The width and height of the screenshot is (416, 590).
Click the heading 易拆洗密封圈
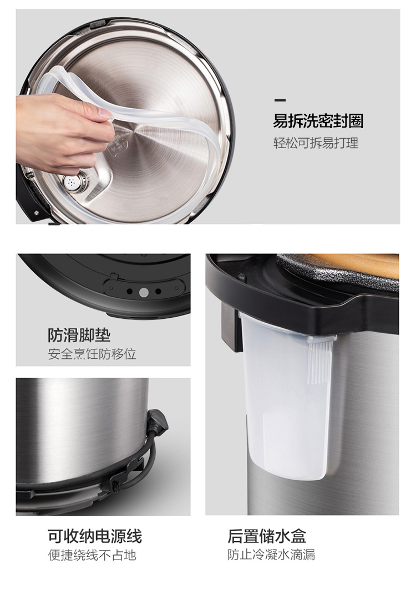pos(318,121)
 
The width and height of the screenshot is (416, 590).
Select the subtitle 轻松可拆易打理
pos(316,143)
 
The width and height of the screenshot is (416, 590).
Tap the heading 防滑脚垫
pos(79,335)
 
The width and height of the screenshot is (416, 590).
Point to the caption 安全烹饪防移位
pos(92,354)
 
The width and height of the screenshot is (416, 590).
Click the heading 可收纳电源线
pos(94,536)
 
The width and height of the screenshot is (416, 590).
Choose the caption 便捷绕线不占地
pos(92,555)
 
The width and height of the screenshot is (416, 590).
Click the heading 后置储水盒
pos(267,536)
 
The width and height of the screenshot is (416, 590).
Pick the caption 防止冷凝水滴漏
pos(271,555)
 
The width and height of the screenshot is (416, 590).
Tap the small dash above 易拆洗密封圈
pos(280,100)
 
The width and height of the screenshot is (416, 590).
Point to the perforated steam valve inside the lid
pos(72,182)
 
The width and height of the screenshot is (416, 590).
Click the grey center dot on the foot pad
pos(144,292)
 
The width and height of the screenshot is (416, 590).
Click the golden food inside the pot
pos(358,263)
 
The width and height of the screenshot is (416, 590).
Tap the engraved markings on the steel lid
pos(116,145)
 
